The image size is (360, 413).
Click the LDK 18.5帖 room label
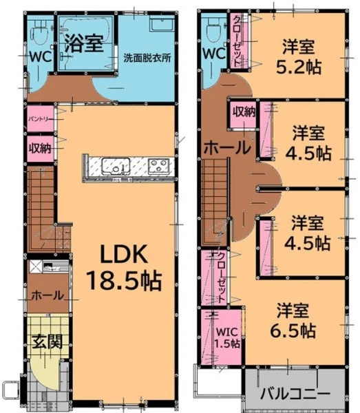(x=124, y=267)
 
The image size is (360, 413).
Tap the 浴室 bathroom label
(x=84, y=43)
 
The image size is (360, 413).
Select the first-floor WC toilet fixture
(x=39, y=34)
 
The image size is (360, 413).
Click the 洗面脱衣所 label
(x=147, y=58)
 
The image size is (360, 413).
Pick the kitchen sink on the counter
(x=116, y=166)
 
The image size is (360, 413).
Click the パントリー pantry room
(x=41, y=118)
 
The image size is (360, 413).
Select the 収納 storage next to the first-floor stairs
(x=41, y=149)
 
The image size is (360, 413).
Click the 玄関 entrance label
(x=47, y=342)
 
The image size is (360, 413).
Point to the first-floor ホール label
(x=47, y=295)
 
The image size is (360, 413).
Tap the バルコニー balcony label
(x=295, y=394)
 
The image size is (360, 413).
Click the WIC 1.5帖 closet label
(x=227, y=337)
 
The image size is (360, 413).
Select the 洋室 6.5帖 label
(x=293, y=321)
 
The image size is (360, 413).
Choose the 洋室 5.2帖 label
(x=298, y=56)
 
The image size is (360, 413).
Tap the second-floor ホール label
(x=228, y=148)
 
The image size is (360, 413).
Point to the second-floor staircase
(x=214, y=202)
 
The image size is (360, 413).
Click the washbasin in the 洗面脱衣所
(x=162, y=24)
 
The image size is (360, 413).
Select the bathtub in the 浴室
(x=85, y=30)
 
